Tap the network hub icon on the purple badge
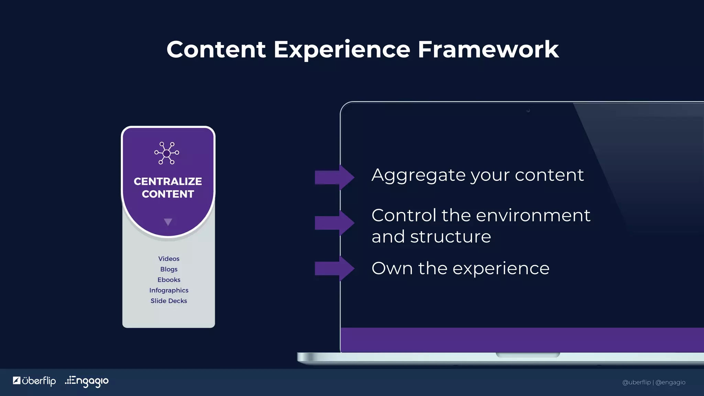coord(167,153)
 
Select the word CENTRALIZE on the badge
coord(168,181)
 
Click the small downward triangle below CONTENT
coord(168,222)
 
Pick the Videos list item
coord(168,258)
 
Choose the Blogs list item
coord(168,269)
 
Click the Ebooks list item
coord(168,280)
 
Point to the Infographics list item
coord(168,290)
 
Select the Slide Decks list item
coord(168,301)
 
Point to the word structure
coord(450,236)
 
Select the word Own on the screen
coord(392,268)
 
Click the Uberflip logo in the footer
coord(34,381)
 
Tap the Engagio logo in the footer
coord(87,381)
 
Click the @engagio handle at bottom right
coord(670,382)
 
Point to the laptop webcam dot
coord(528,110)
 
